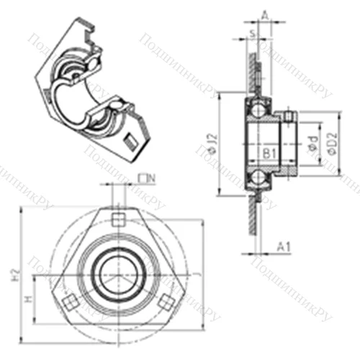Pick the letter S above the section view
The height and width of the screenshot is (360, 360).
point(252,32)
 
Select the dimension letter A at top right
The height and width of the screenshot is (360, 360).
point(265,13)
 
